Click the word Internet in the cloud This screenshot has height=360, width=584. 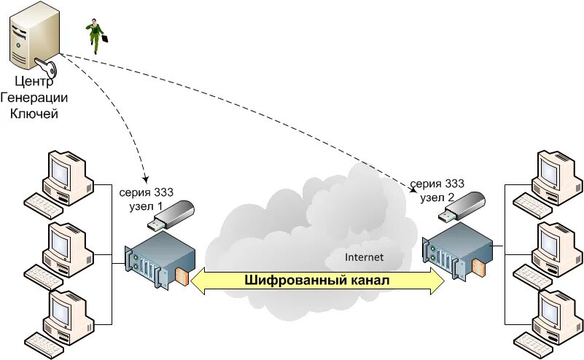pos(364,257)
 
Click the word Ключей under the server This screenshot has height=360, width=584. pos(33,113)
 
